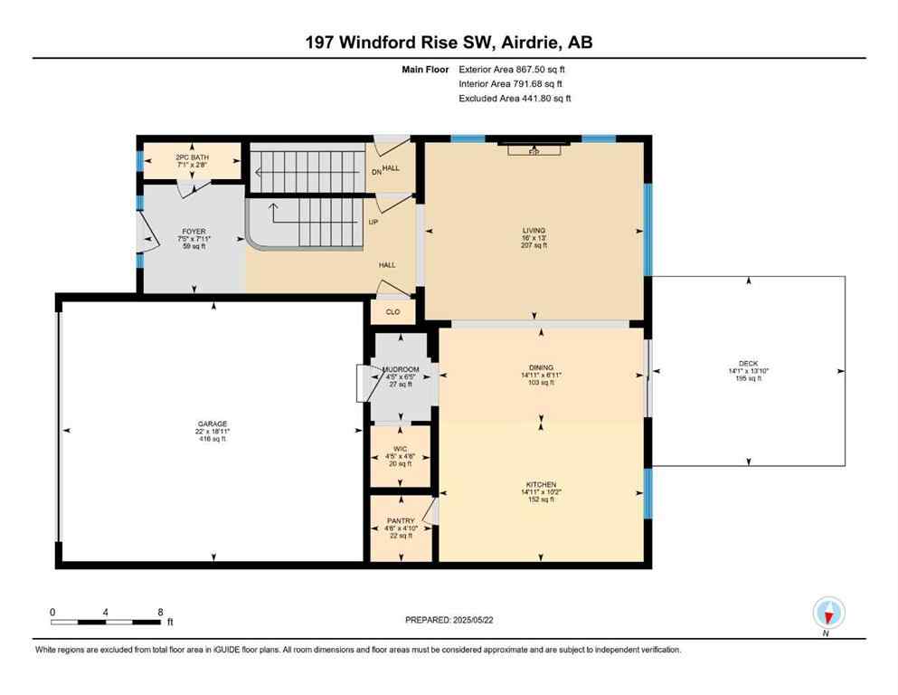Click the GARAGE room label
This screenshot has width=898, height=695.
coord(213,424)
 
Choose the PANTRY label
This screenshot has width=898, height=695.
coord(401,520)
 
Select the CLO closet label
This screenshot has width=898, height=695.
coord(392,312)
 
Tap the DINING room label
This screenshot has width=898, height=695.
coord(541,367)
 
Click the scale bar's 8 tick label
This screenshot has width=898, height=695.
coord(159,612)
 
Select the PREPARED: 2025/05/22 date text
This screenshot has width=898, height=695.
coord(449,620)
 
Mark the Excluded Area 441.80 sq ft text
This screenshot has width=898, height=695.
coord(515,98)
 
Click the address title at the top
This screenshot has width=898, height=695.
coord(449,42)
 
